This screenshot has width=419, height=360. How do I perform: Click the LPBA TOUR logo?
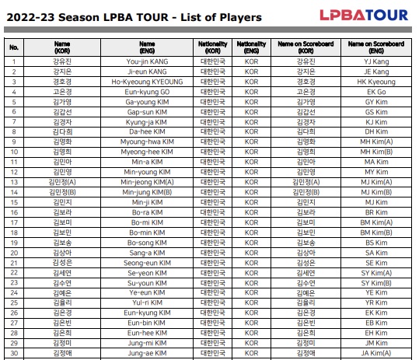tap(364, 14)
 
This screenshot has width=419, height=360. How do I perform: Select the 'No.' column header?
tap(14, 47)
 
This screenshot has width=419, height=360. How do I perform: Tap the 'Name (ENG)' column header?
tap(146, 47)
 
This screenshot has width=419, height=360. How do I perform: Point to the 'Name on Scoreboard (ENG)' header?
tap(376, 47)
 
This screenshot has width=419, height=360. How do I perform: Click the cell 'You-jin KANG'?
tap(146, 61)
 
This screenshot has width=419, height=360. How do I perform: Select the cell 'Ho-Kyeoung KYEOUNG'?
tap(146, 80)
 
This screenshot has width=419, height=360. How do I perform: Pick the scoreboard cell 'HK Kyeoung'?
tap(376, 80)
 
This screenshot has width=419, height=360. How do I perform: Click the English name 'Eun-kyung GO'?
tap(146, 90)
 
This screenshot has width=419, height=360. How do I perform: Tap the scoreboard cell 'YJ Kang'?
tap(376, 61)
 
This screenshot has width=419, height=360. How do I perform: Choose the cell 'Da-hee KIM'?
tap(146, 131)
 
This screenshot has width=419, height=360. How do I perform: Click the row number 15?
tap(14, 202)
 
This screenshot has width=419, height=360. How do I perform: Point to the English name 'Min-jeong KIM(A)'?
tap(146, 182)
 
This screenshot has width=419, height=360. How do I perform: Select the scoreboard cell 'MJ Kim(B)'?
tap(376, 192)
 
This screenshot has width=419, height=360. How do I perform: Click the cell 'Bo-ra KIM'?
tap(146, 212)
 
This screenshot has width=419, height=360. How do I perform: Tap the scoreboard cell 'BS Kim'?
tap(376, 243)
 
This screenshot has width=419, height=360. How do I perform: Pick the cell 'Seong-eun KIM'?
tap(146, 263)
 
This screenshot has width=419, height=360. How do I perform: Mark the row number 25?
tap(14, 303)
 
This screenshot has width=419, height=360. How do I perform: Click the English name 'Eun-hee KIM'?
tap(146, 334)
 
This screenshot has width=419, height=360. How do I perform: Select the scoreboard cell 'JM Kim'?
tap(376, 344)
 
